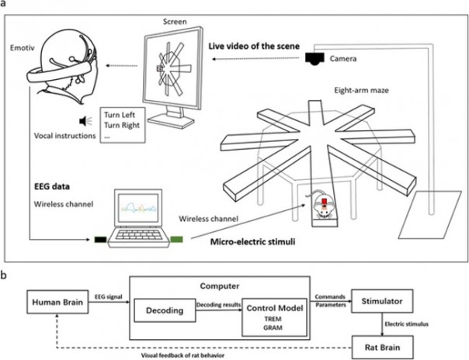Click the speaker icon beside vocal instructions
[x=82, y=121]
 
